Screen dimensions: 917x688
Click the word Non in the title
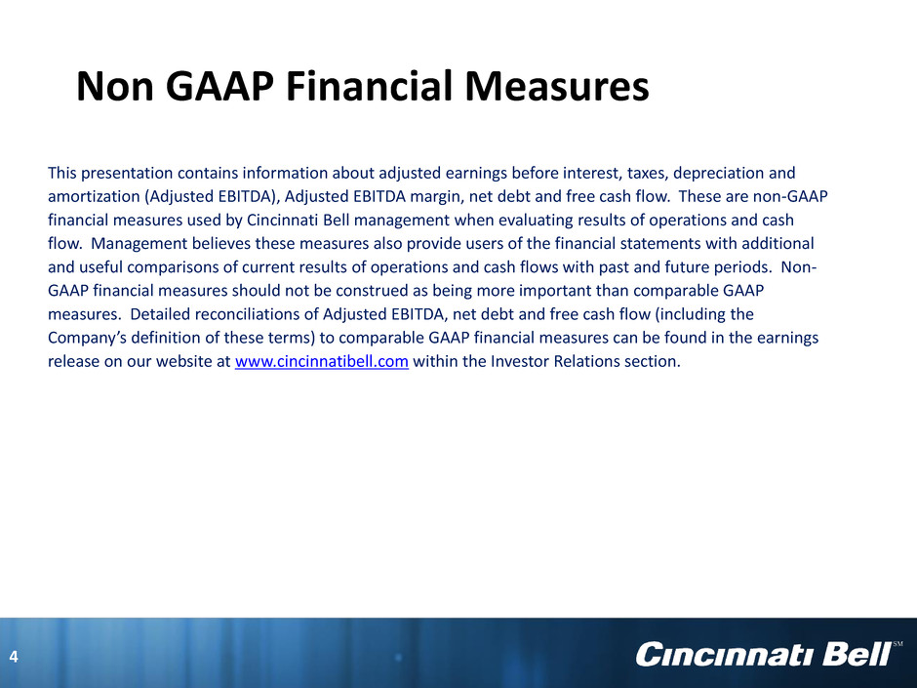click(x=115, y=86)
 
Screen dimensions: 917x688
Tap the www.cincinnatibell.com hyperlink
click(x=322, y=361)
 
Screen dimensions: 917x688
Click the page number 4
click(x=14, y=657)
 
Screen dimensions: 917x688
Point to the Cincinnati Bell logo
click(x=763, y=654)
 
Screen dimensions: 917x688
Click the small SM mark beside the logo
click(x=897, y=644)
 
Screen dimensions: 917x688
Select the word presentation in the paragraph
click(x=126, y=173)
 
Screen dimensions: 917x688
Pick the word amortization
click(x=95, y=196)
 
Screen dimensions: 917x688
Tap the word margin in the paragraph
click(x=437, y=197)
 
